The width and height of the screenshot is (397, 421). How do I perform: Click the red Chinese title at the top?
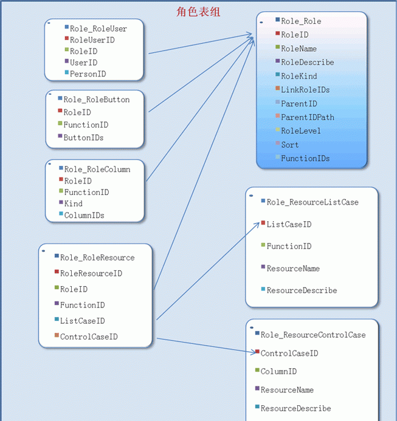198,12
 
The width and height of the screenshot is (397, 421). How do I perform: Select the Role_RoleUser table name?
98,29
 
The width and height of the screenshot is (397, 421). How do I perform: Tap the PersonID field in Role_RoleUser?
88,74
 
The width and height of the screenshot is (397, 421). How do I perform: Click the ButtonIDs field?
83,138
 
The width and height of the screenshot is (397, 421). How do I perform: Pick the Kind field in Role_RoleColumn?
74,204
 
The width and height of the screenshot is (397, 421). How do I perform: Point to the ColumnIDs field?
84,215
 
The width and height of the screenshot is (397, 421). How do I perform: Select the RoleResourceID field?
91,273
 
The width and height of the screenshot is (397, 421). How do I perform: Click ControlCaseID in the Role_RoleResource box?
89,337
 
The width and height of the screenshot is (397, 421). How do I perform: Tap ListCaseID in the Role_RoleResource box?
82,321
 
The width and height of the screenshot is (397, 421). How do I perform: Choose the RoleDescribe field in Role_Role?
308,63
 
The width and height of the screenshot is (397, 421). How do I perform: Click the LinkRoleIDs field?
305,90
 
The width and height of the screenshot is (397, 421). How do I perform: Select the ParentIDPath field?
308,117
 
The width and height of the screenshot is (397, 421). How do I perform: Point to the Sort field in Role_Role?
290,145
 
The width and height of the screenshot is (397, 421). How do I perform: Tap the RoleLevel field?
301,131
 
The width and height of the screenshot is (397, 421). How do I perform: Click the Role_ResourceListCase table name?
312,202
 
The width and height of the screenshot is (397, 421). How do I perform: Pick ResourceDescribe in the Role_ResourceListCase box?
302,290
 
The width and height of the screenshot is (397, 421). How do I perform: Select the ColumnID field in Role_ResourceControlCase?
278,372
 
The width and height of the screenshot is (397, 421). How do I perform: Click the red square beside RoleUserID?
67,38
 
